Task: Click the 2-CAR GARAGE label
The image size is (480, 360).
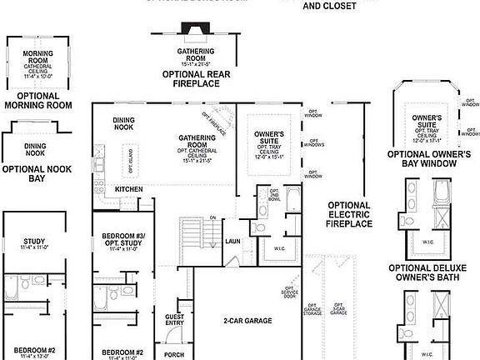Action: click(x=247, y=321)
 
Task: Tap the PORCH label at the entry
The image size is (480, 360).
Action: click(x=174, y=354)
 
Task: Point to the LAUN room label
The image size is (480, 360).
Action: click(x=232, y=242)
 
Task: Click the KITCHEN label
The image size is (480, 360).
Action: click(x=129, y=189)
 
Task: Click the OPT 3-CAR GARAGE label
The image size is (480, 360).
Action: click(x=339, y=310)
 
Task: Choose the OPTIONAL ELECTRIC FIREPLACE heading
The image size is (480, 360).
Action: click(x=349, y=214)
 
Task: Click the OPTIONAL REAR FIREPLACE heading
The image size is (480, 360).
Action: click(x=196, y=78)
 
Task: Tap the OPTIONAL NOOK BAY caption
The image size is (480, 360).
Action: click(x=35, y=173)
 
